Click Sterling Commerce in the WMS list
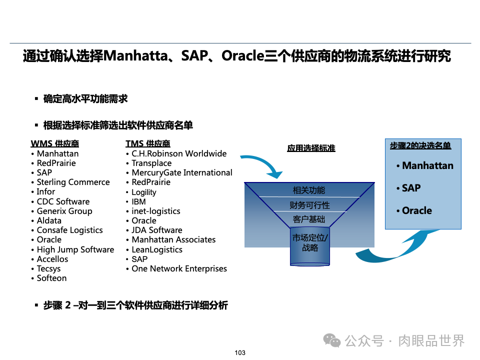(x=73, y=182)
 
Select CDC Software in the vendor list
(x=63, y=201)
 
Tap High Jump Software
(x=75, y=249)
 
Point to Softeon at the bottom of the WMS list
(x=51, y=278)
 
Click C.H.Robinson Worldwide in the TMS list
(x=179, y=153)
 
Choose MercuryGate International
(x=181, y=172)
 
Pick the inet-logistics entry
(x=155, y=211)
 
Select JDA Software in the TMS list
(x=156, y=230)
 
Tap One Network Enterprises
(x=179, y=268)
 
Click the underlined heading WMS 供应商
(x=55, y=144)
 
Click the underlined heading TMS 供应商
(x=148, y=144)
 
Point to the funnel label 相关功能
(x=308, y=190)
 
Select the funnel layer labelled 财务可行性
(x=309, y=205)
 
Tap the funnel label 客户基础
(x=309, y=219)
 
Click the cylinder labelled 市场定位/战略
(x=310, y=243)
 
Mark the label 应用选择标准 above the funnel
(x=311, y=148)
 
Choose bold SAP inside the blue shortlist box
(x=411, y=188)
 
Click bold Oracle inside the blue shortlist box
(x=416, y=210)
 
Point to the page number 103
(x=240, y=353)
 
